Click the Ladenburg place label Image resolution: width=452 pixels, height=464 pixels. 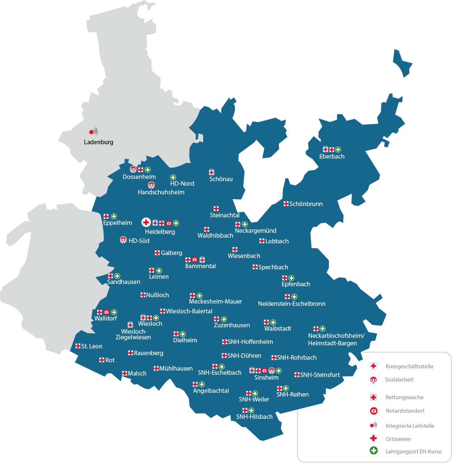tap(98, 142)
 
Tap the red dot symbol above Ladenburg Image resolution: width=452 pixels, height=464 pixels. tap(91, 132)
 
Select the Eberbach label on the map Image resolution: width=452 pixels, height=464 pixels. tap(331, 156)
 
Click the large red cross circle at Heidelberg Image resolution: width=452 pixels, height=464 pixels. tap(146, 222)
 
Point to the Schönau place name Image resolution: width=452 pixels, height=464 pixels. tap(221, 179)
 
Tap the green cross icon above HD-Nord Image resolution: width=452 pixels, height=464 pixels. tap(173, 177)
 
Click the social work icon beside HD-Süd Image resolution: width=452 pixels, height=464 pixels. tap(123, 240)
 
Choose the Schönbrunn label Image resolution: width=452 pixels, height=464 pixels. tap(306, 204)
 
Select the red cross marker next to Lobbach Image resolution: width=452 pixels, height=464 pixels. tap(262, 241)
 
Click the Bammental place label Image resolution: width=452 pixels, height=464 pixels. tap(200, 266)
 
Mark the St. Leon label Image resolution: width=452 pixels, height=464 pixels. tap(92, 346)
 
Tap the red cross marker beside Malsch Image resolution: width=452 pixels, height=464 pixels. tap(125, 373)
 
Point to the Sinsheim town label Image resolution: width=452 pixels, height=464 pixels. tap(266, 377)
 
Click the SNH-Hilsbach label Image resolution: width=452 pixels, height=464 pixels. tap(254, 417)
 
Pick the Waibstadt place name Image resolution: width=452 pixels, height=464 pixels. tap(278, 328)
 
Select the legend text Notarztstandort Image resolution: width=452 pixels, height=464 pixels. tap(405, 411)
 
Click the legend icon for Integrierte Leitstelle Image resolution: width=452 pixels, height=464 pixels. tap(373, 426)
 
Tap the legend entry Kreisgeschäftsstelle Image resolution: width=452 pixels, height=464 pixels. tap(409, 366)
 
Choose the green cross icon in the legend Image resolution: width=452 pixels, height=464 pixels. tap(374, 450)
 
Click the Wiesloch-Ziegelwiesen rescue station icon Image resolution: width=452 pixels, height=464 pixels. tap(130, 325)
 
